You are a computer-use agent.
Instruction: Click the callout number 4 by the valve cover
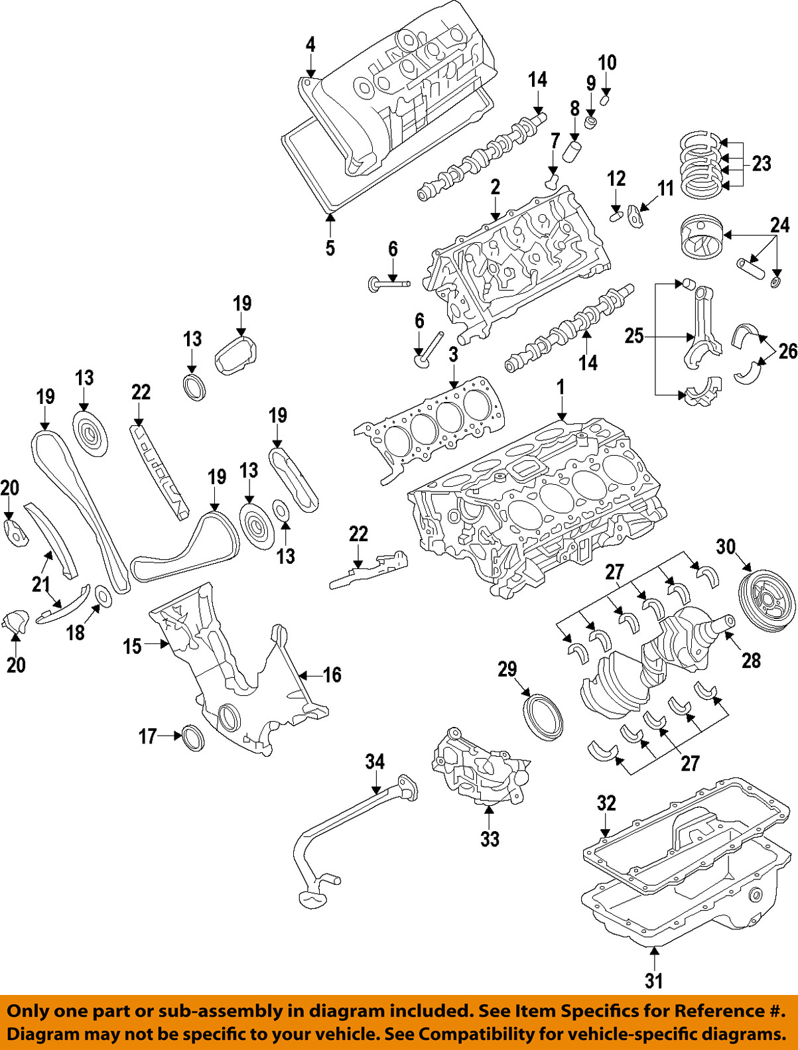(310, 44)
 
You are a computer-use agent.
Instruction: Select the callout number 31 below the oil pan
(653, 980)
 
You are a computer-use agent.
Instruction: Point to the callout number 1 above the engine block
(561, 387)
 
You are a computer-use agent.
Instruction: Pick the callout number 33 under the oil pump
(490, 839)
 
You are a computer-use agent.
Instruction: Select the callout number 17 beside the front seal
(147, 736)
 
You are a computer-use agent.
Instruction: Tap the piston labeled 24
(698, 237)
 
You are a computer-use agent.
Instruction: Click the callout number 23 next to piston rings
(762, 163)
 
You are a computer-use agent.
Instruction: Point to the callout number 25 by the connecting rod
(634, 336)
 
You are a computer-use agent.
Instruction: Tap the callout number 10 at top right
(607, 63)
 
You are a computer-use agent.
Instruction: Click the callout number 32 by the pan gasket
(606, 803)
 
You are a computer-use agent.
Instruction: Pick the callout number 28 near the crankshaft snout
(751, 660)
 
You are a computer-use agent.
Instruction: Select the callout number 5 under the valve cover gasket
(330, 248)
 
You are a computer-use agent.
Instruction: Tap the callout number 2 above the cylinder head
(495, 187)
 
